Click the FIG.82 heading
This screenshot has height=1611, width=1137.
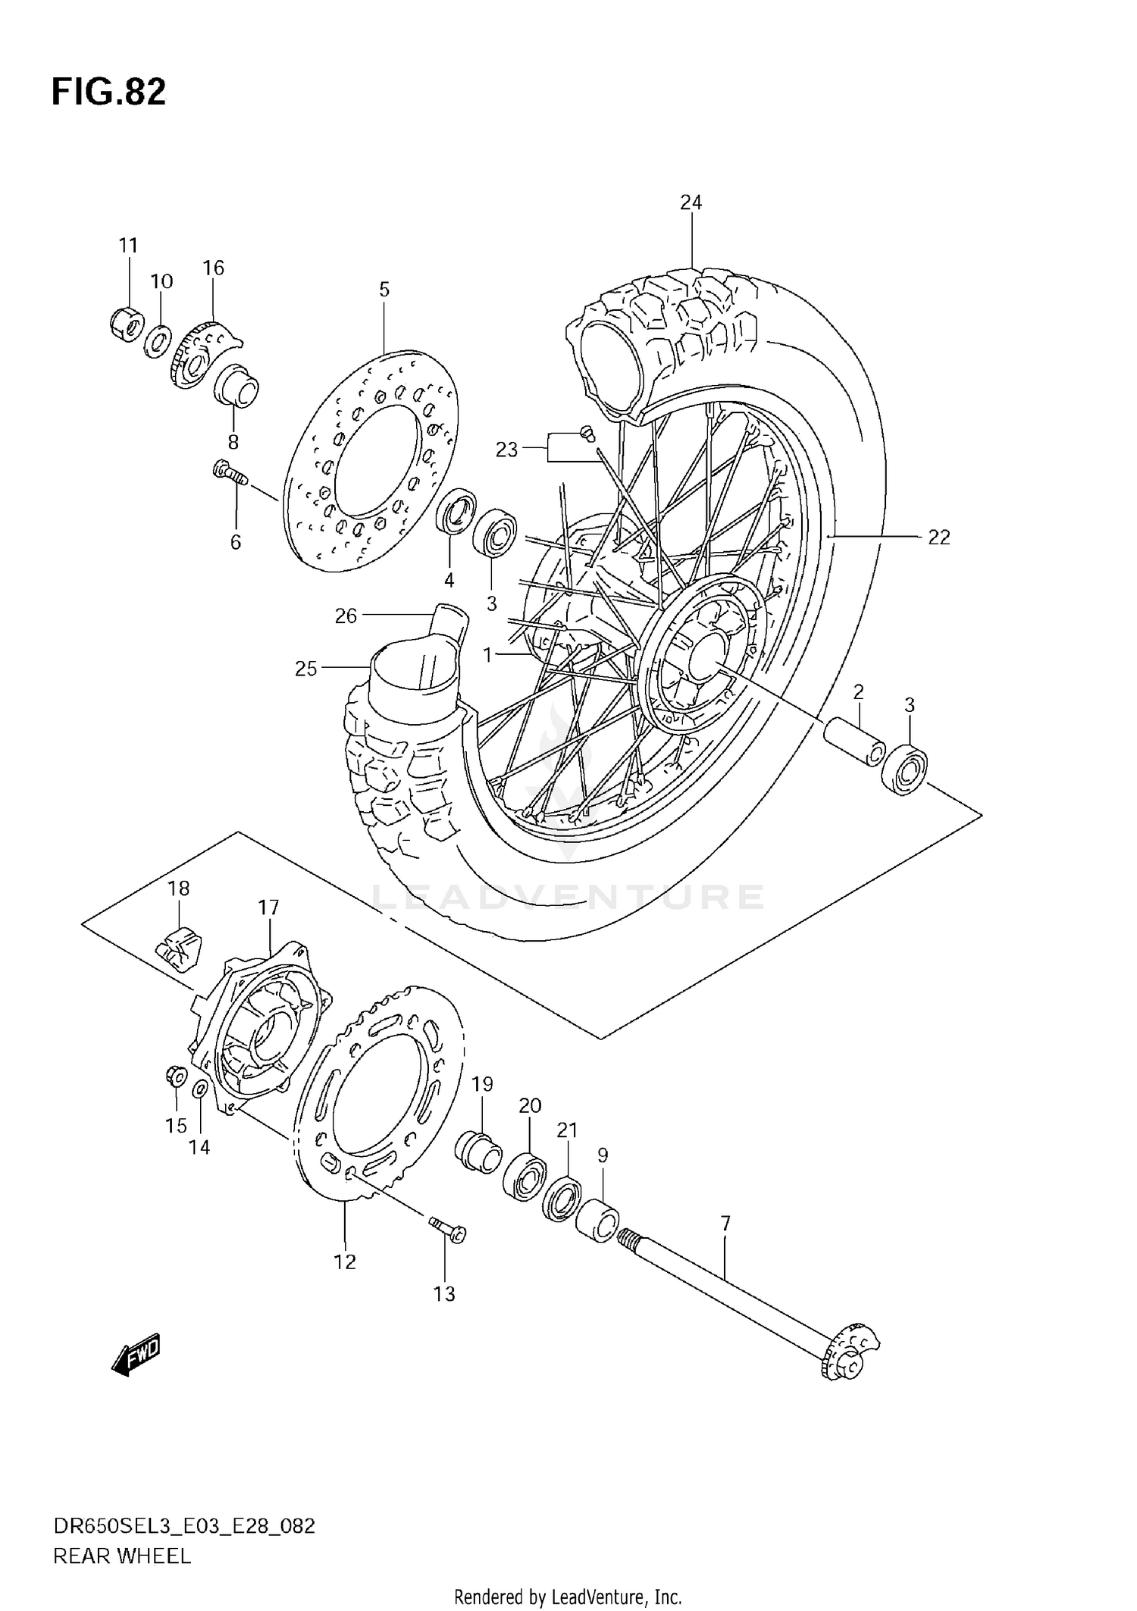click(108, 92)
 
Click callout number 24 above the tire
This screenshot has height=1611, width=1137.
click(691, 202)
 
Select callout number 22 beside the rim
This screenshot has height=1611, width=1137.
click(938, 538)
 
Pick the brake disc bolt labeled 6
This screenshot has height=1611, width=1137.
click(228, 473)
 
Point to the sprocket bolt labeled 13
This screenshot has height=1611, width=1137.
click(447, 1228)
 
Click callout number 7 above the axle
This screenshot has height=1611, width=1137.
click(725, 1223)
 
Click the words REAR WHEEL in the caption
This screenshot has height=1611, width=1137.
click(121, 1557)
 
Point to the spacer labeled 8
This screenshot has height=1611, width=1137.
click(236, 387)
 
